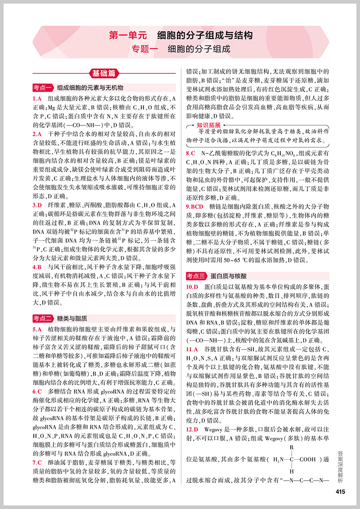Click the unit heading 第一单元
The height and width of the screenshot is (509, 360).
(128, 36)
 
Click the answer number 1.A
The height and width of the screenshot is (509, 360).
(37, 99)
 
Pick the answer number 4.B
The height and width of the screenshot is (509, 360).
(37, 267)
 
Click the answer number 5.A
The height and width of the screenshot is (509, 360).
(37, 329)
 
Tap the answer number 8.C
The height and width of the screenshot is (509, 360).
(191, 153)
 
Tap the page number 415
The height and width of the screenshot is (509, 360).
(340, 491)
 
